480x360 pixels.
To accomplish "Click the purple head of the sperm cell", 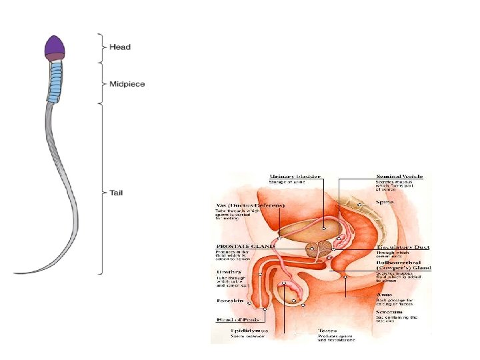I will pyautogui.click(x=54, y=46).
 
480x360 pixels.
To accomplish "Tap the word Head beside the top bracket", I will pyautogui.click(x=120, y=47).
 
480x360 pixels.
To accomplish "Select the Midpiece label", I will pyautogui.click(x=127, y=85).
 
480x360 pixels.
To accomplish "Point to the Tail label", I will pyautogui.click(x=117, y=193).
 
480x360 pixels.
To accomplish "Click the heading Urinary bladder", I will pyautogui.click(x=294, y=177).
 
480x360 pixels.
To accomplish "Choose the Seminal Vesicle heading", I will pyautogui.click(x=400, y=177).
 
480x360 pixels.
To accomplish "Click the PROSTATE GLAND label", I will pyautogui.click(x=244, y=246).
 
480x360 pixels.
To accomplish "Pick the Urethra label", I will pyautogui.click(x=229, y=273).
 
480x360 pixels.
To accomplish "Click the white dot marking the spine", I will pyautogui.click(x=359, y=205).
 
